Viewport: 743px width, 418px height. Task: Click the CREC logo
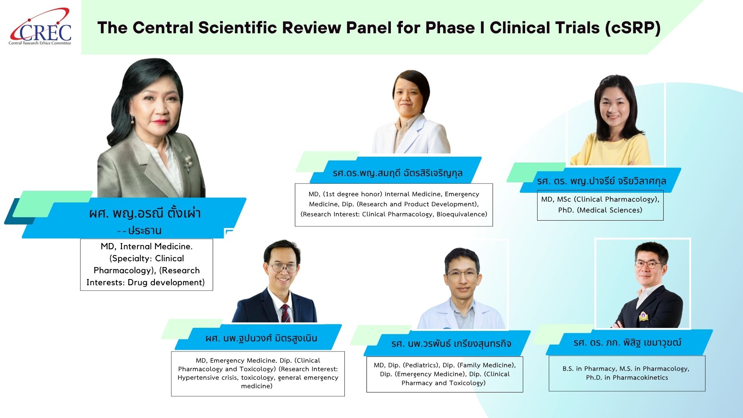pyautogui.click(x=40, y=27)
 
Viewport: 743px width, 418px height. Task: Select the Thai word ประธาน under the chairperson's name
pyautogui.click(x=145, y=231)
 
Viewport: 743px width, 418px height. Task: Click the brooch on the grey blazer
pyautogui.click(x=188, y=162)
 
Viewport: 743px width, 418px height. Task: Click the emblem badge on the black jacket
pyautogui.click(x=643, y=316)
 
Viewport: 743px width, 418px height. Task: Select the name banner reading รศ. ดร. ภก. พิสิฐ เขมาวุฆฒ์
pyautogui.click(x=629, y=342)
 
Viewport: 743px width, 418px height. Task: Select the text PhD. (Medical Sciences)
pyautogui.click(x=600, y=210)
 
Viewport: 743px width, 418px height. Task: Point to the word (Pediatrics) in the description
pyautogui.click(x=421, y=365)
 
